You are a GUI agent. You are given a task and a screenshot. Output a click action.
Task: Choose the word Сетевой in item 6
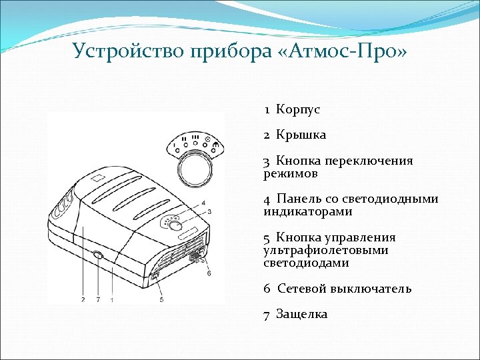303,289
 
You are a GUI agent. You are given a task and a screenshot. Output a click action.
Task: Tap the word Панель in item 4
299,199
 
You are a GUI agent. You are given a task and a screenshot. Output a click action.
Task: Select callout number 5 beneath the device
161,300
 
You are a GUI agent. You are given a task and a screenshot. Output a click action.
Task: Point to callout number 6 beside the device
209,273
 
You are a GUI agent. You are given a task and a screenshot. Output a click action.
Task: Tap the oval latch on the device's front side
98,255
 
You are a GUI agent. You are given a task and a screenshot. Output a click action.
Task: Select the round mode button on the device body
176,226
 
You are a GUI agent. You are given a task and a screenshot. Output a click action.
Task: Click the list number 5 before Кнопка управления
266,238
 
